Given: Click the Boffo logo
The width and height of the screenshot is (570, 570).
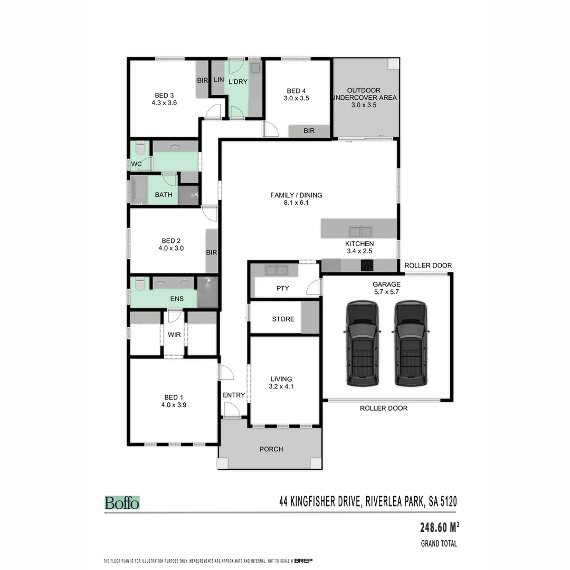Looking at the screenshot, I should tap(122, 502).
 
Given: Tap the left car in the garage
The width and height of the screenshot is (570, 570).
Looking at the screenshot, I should tap(362, 344).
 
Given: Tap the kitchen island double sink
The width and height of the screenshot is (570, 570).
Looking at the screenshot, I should tap(360, 231).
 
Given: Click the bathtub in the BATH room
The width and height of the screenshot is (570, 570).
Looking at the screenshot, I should tap(139, 190).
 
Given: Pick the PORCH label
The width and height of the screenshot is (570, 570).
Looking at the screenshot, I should tap(271, 449).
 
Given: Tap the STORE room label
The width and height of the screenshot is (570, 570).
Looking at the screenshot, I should tap(283, 319).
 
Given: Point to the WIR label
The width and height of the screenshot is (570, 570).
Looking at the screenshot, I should tap(174, 335).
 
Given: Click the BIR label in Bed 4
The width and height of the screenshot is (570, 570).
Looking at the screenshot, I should tap(309, 131).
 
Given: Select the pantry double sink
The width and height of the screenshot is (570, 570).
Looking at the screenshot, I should tap(277, 271).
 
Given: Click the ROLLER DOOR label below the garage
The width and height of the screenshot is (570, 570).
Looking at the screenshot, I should tap(384, 408).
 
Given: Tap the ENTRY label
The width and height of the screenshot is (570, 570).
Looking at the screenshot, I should tap(234, 395).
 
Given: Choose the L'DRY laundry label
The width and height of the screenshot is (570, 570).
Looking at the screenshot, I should tap(237, 81).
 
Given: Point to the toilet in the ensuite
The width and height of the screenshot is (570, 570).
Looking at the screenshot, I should tap(139, 284).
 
